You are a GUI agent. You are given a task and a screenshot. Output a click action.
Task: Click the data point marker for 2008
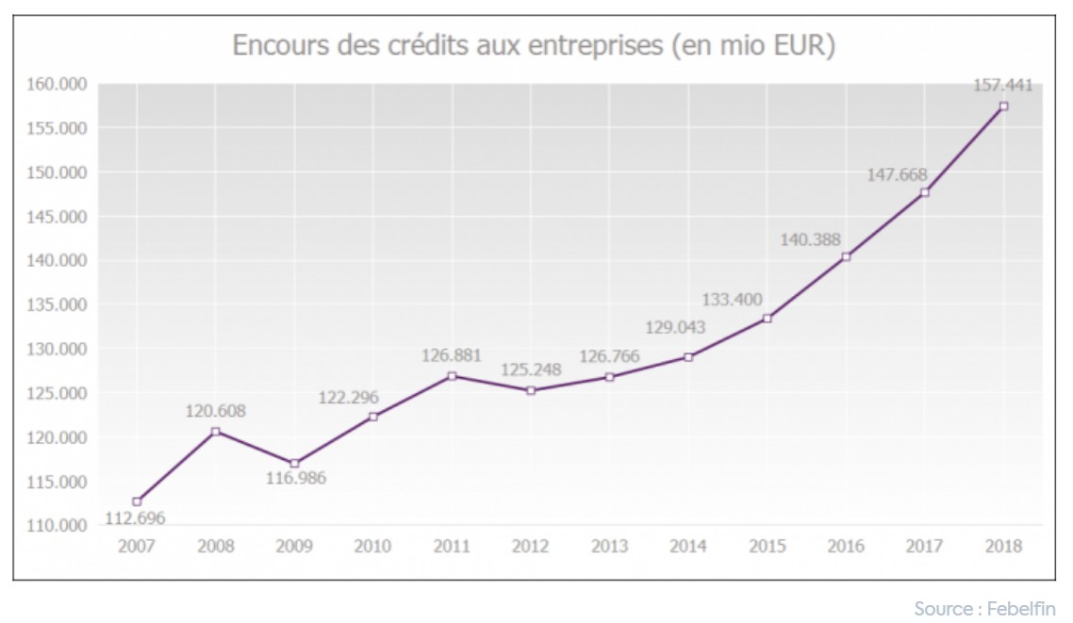pos(216,431)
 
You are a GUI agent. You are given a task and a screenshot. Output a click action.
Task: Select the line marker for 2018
pos(1003,107)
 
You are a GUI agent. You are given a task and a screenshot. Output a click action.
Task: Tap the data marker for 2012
pos(531,390)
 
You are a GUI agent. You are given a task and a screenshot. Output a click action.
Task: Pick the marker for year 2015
pos(768,319)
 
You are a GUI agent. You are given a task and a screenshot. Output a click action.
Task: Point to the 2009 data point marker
pos(295,463)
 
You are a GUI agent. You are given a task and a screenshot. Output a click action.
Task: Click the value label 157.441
pos(1002,86)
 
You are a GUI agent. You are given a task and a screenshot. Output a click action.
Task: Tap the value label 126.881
pos(451,356)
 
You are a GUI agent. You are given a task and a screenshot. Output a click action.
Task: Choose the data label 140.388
pos(810,239)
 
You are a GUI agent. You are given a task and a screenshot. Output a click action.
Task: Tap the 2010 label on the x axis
pos(373,546)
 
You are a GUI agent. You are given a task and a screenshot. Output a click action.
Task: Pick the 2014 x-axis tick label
pos(688,546)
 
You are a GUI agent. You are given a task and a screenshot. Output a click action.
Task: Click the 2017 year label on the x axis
pos(924,546)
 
